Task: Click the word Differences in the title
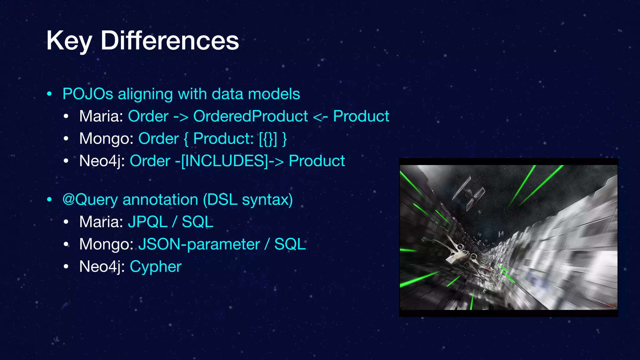[x=170, y=41]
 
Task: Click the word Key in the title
[x=69, y=41]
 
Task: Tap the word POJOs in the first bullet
[x=88, y=94]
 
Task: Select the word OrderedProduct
[x=251, y=116]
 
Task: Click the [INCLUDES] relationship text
[x=224, y=161]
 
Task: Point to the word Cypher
[x=155, y=267]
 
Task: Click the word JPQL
[x=148, y=222]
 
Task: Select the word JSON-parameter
[x=199, y=244]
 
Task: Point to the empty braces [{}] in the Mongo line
[x=268, y=138]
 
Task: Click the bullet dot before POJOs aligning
[x=49, y=94]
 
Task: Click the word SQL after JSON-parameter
[x=290, y=244]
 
